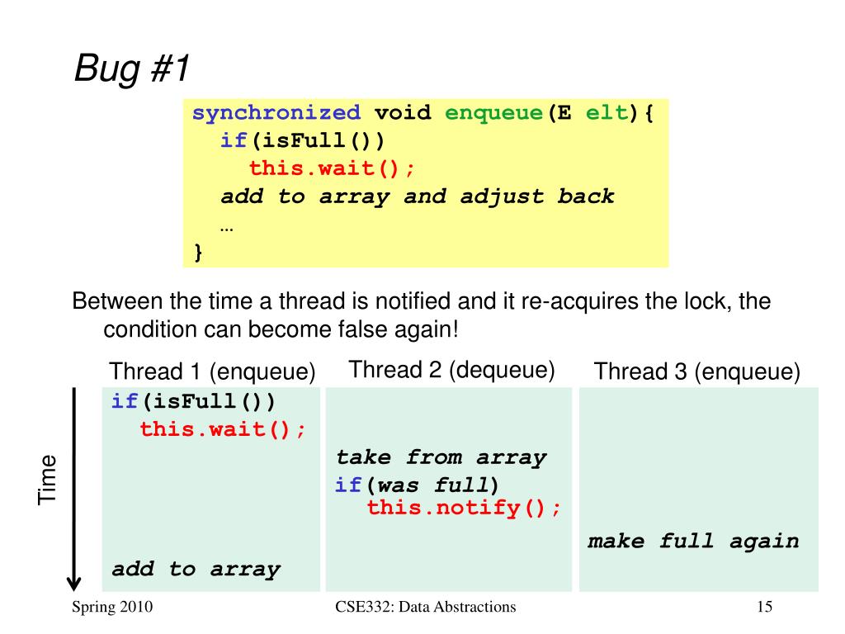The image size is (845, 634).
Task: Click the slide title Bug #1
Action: [x=132, y=69]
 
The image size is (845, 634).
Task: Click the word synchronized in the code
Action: [x=276, y=113]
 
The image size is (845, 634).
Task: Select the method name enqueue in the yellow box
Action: [x=493, y=113]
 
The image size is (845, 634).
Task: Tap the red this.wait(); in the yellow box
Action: [x=333, y=168]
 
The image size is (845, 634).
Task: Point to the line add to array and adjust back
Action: [x=417, y=196]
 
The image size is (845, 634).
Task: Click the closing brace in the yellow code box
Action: [x=198, y=251]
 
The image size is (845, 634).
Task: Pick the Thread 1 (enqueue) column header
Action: [x=212, y=372]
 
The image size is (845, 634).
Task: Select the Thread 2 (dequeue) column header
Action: [x=451, y=370]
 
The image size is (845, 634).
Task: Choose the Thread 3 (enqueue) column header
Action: [x=697, y=372]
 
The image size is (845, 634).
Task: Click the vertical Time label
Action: [x=48, y=479]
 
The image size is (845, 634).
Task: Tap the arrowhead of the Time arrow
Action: [x=74, y=581]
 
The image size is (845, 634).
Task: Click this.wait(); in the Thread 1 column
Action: [x=223, y=429]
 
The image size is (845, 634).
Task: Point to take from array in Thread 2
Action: [x=441, y=457]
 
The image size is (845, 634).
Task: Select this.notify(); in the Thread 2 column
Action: [x=464, y=507]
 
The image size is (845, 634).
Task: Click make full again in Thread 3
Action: [x=693, y=542]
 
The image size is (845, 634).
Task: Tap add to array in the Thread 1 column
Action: [x=196, y=569]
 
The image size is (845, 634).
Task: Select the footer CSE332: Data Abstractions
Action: [x=426, y=608]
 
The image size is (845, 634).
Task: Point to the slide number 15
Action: [x=764, y=608]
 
